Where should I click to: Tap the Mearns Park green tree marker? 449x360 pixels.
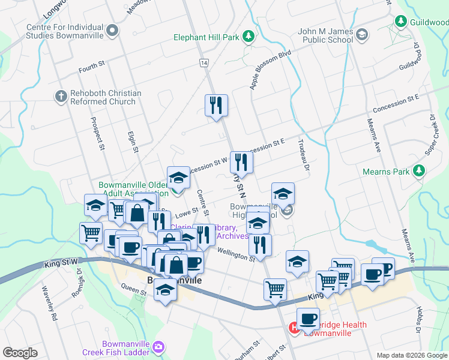[419, 172]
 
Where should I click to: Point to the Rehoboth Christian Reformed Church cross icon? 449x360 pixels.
[61, 96]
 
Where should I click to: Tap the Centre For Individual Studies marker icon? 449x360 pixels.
[111, 30]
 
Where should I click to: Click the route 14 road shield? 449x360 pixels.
[205, 62]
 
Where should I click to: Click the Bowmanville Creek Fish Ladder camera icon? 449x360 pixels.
[158, 346]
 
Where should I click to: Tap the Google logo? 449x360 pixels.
[20, 353]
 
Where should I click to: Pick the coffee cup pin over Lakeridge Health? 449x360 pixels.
[308, 319]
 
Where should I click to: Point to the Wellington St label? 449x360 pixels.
[236, 254]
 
